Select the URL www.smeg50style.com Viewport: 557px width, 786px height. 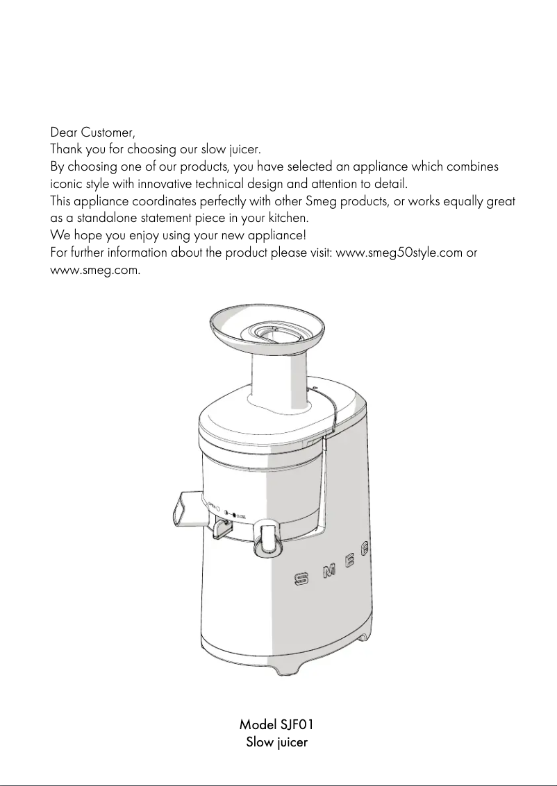click(x=399, y=252)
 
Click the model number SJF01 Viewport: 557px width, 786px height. click(x=297, y=725)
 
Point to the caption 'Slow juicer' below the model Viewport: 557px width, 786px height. click(x=277, y=743)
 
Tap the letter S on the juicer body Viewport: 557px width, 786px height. click(x=301, y=578)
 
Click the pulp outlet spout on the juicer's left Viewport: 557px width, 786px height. click(x=183, y=510)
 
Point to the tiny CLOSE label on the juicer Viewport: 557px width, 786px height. click(x=241, y=516)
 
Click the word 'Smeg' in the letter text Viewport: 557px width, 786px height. click(x=319, y=201)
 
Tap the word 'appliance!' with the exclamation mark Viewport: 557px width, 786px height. click(x=274, y=235)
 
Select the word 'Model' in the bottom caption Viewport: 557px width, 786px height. click(x=258, y=725)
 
